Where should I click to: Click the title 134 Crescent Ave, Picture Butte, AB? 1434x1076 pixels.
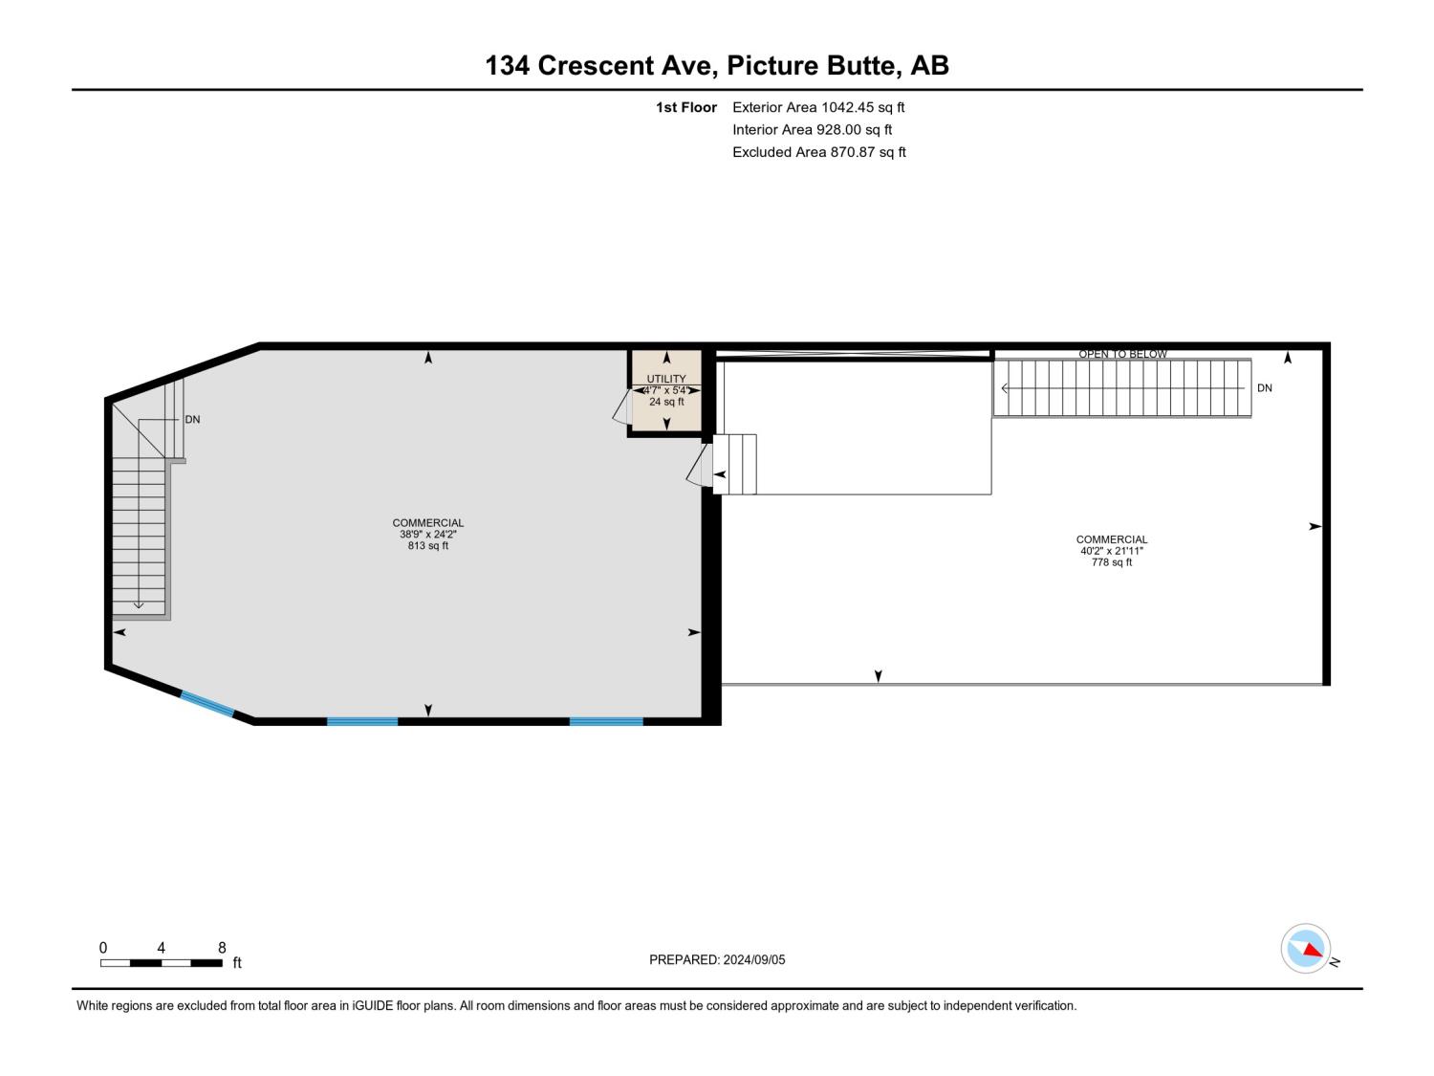point(717,65)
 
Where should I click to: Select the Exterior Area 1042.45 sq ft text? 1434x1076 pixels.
point(818,107)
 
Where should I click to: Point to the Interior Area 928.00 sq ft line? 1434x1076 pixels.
point(812,129)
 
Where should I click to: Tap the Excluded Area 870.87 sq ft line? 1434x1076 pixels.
point(818,151)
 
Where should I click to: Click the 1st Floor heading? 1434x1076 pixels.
point(686,107)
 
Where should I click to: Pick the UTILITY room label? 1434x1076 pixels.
point(666,379)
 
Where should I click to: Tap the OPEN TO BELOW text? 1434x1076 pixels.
point(1122,354)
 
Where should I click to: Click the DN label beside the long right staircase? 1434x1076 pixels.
point(1264,388)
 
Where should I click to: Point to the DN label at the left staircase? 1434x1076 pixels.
point(192,420)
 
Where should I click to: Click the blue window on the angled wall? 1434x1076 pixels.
point(207,704)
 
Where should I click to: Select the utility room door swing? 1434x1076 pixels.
point(622,406)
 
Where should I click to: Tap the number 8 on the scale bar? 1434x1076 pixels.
point(222,947)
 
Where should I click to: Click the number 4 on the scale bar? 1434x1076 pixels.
point(161,947)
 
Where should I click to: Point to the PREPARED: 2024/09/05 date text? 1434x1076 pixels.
point(717,959)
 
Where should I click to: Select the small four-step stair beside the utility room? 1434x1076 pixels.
point(734,465)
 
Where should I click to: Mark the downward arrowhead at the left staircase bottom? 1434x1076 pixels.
point(139,605)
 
